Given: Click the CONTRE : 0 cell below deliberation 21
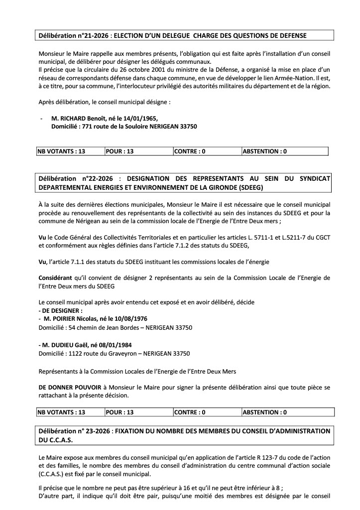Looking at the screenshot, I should (190, 151).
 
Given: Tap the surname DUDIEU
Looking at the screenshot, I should (67, 344).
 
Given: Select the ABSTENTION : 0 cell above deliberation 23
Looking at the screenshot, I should (264, 412).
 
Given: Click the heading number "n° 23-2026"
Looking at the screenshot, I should (91, 431).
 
